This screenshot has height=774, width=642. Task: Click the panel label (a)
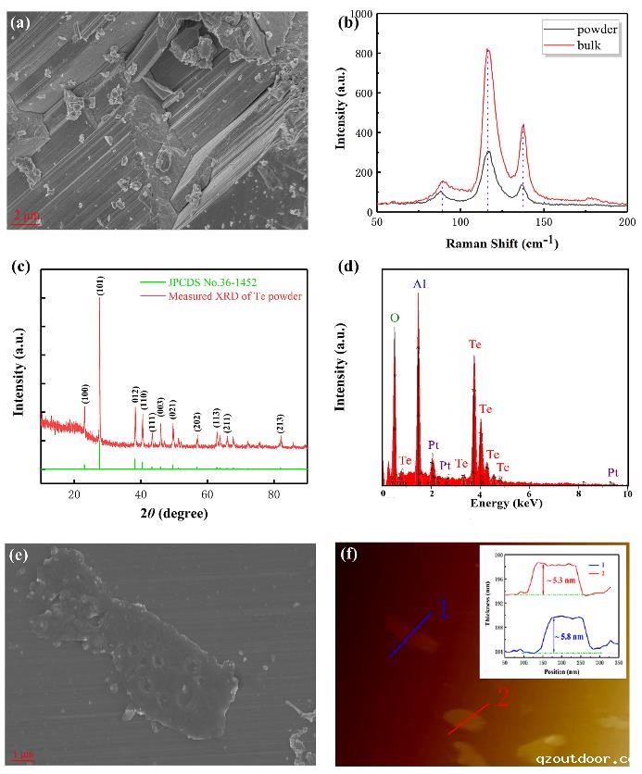[x=20, y=22]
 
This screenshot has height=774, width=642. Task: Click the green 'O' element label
[x=394, y=318]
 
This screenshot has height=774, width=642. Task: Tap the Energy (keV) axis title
[x=506, y=503]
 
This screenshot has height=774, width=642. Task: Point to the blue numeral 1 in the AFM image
[x=443, y=610]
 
